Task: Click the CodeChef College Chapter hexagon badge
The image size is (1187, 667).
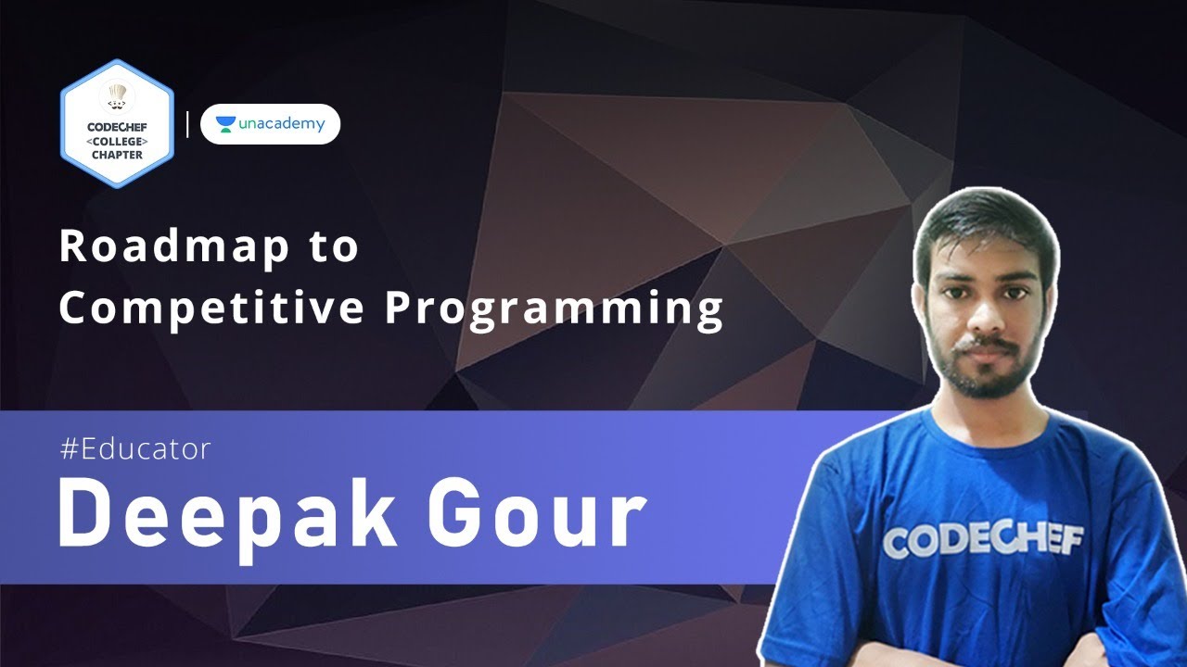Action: pos(117,124)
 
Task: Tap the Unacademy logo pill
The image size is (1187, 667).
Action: pos(270,124)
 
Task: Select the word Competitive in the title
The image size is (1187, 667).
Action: pos(211,309)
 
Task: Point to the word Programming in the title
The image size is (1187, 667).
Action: pos(555,309)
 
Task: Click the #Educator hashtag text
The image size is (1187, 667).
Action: pos(135,449)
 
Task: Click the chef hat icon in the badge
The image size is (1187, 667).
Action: pos(117,95)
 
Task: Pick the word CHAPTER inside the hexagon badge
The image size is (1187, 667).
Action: pos(117,155)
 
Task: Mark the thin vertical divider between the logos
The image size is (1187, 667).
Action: pos(187,124)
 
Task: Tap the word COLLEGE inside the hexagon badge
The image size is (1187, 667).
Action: pos(117,141)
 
